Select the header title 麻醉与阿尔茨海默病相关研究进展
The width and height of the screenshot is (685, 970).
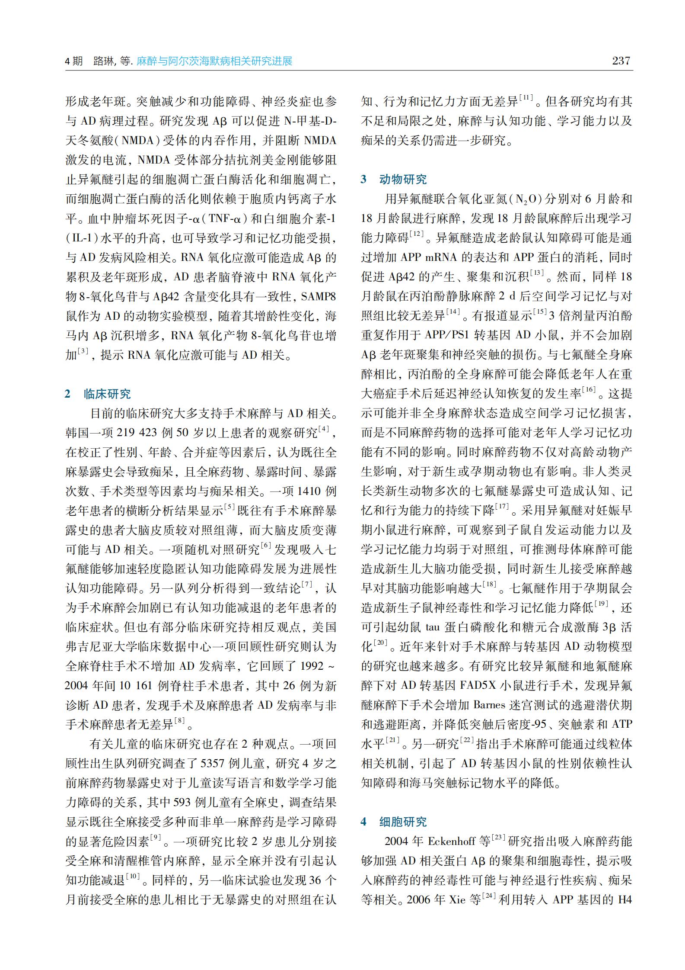[x=214, y=61]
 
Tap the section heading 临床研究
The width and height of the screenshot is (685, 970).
[x=107, y=394]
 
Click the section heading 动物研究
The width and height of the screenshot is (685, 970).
[x=403, y=180]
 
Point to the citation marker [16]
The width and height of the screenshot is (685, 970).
[x=589, y=390]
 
